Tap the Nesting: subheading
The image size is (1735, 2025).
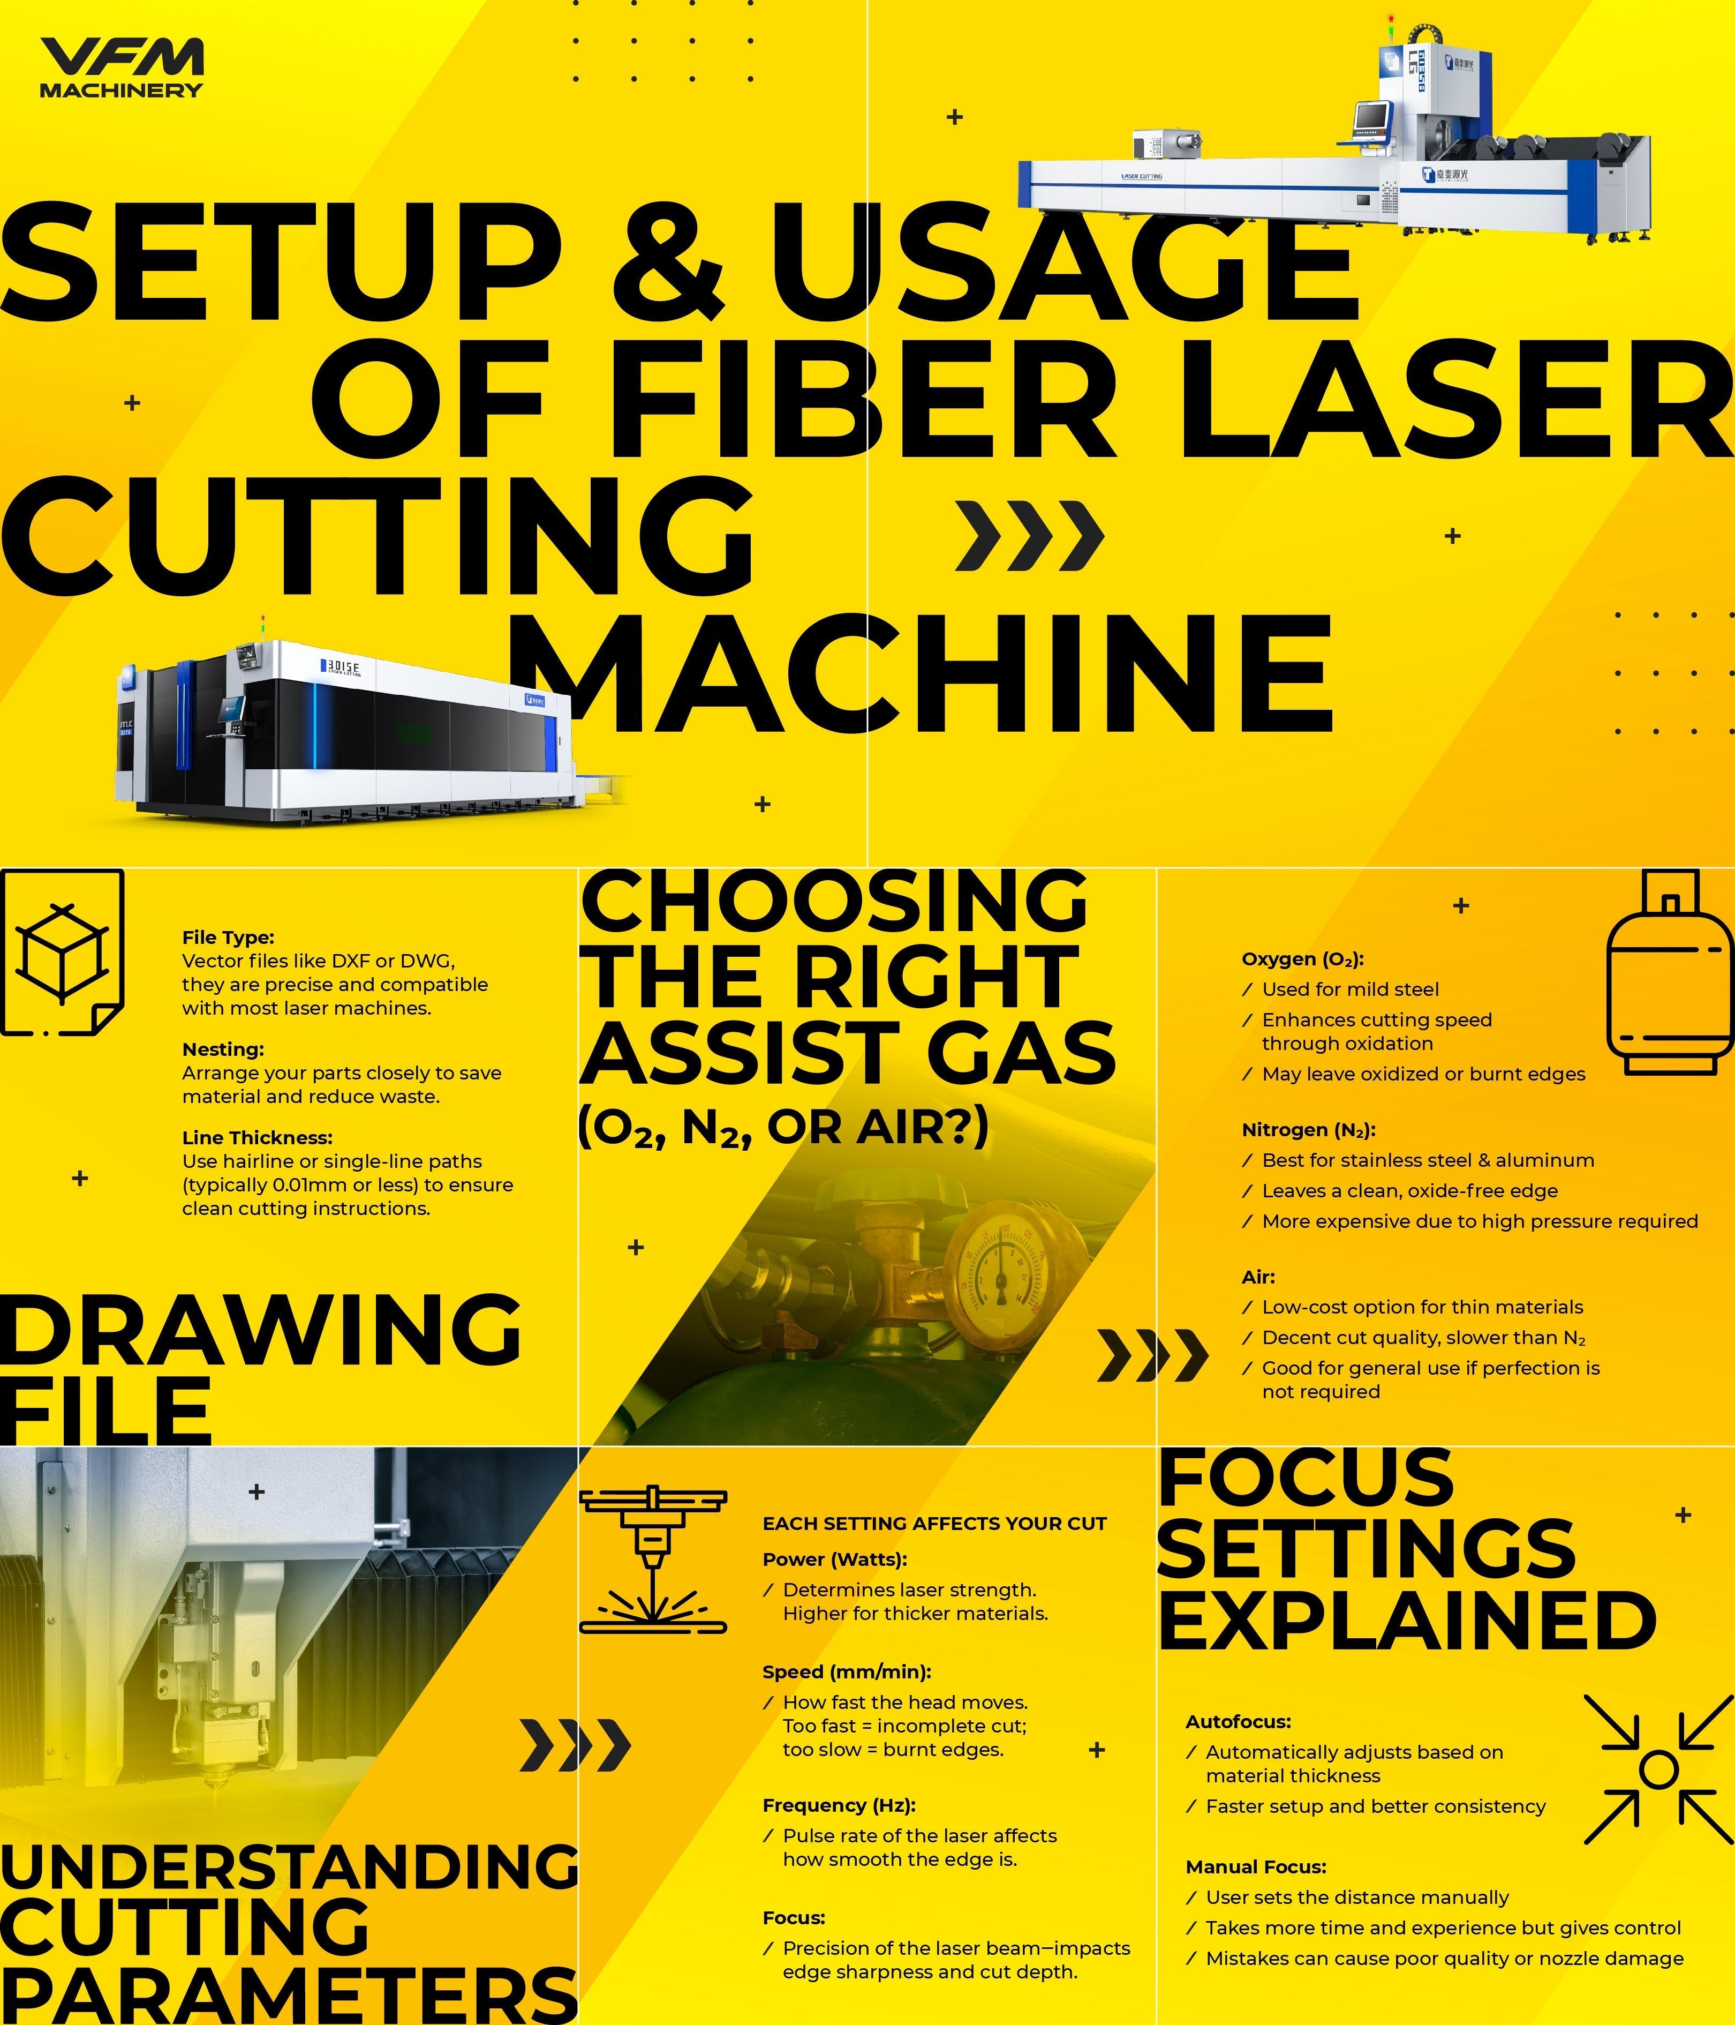223,1049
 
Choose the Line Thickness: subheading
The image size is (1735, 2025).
257,1138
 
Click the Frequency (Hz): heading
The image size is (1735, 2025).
838,1805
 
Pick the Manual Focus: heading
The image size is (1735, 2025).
1255,1866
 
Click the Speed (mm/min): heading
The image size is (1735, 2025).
846,1672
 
